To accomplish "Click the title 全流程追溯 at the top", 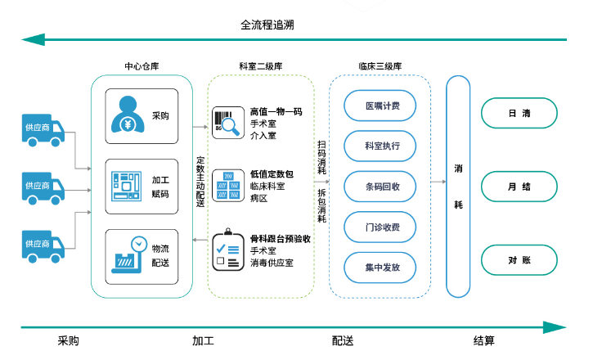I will (267, 25).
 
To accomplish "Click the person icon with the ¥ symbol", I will (129, 115).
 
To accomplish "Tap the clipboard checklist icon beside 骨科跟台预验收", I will (226, 251).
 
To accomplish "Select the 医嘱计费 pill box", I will (382, 106).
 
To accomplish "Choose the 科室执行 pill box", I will (382, 146).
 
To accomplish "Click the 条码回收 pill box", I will (382, 186).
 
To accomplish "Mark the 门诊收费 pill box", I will (382, 226).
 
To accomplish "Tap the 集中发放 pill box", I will (382, 267).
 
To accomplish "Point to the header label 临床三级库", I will (380, 66).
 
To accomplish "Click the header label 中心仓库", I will (141, 66).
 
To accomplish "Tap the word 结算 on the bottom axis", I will (483, 340).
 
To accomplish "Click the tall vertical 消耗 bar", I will (458, 186).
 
